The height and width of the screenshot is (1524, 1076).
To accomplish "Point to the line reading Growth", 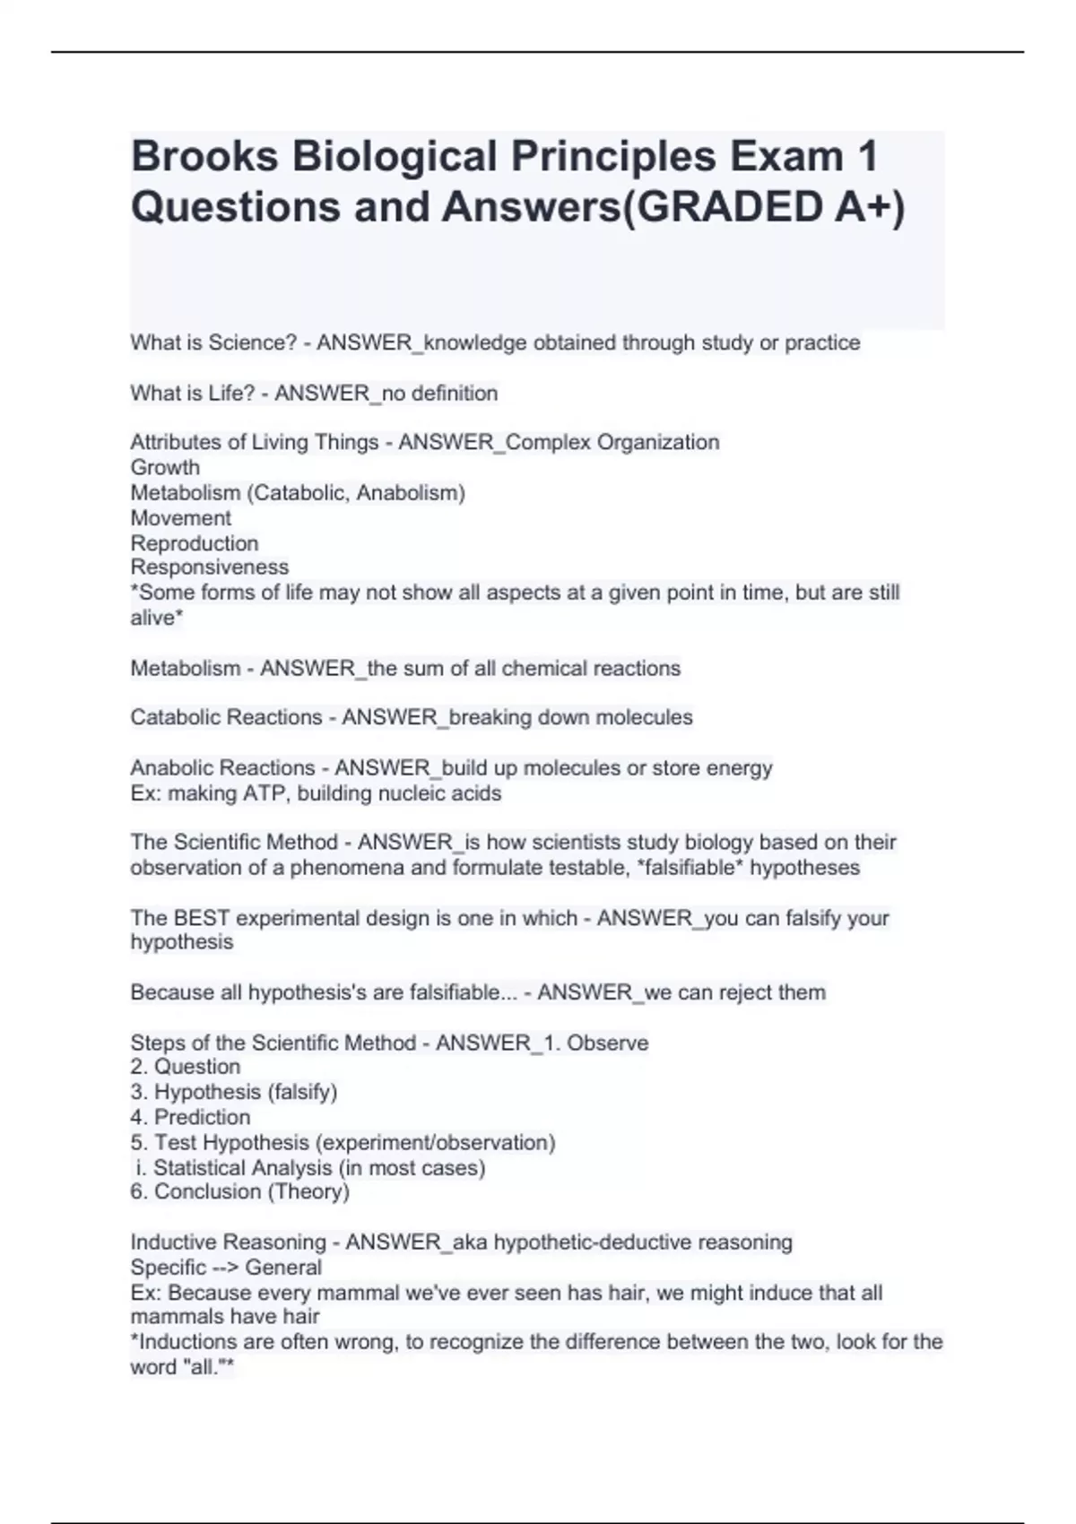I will [x=165, y=467].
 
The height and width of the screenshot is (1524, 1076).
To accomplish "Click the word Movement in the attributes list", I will [x=180, y=517].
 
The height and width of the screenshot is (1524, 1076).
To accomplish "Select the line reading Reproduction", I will [x=194, y=543].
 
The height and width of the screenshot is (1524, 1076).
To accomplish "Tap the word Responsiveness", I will [x=209, y=567].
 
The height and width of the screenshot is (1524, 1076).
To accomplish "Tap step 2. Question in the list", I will [x=186, y=1066].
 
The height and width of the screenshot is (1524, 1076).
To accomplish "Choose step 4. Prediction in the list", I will [x=190, y=1117].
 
